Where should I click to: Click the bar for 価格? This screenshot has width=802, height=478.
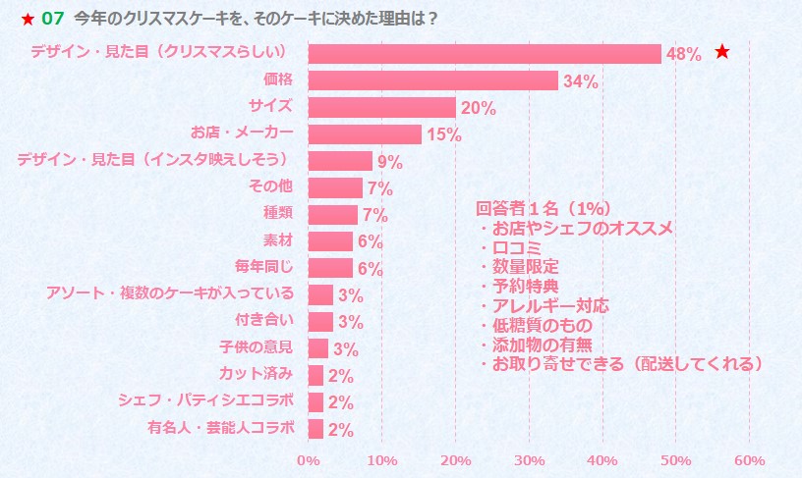432,80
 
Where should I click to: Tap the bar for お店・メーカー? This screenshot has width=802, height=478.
364,134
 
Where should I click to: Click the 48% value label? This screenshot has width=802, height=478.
683,55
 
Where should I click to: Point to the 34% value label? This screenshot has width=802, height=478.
580,81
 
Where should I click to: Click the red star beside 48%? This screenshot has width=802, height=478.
722,52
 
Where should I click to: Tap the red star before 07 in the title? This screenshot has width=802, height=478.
28,19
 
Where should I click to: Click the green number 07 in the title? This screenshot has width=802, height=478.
52,18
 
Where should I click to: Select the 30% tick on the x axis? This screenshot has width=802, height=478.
529,459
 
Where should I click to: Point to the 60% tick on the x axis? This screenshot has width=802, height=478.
749,459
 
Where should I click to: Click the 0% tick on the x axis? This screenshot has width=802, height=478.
308,459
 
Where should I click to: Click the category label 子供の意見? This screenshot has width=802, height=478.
256,346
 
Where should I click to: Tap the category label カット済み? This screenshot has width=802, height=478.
259,373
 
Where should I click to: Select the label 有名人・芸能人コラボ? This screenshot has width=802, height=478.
220,427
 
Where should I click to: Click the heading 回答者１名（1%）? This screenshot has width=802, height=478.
544,208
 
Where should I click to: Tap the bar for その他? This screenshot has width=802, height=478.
335,187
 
